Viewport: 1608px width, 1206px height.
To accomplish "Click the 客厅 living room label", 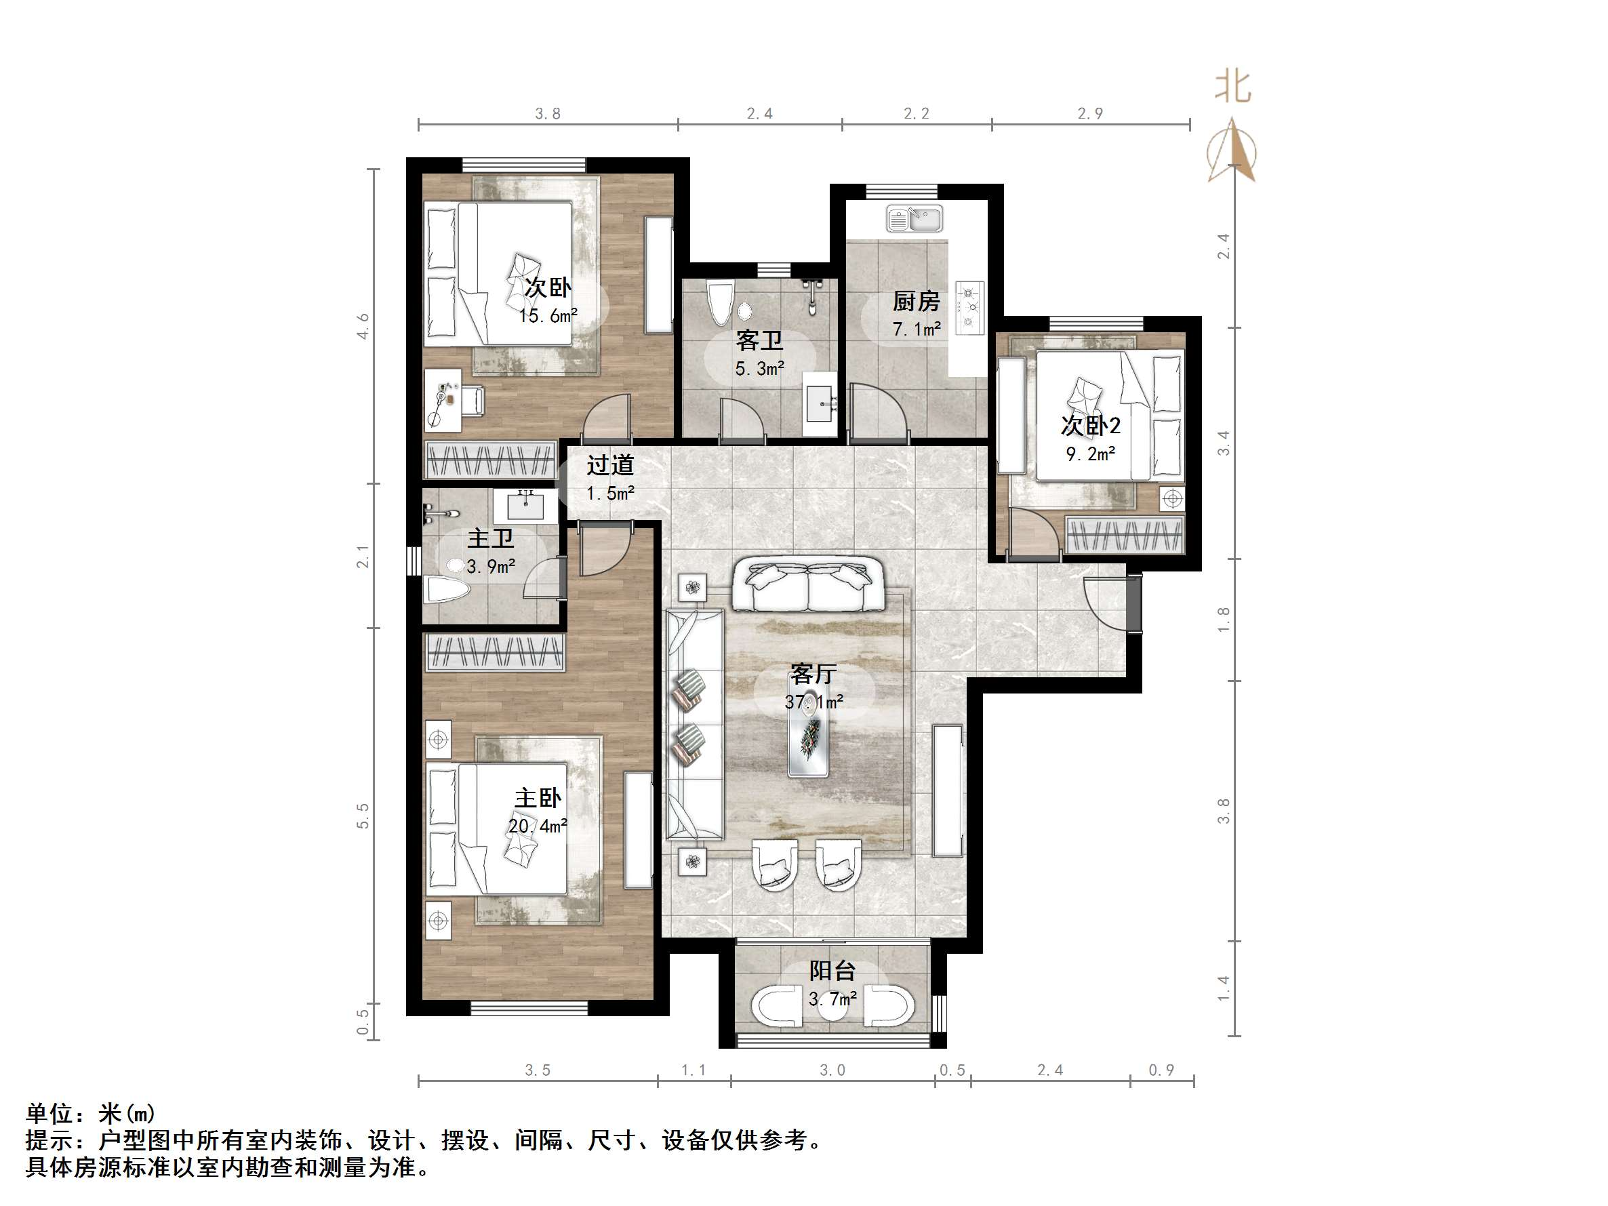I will [813, 674].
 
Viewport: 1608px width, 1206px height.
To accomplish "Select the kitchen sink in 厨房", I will [914, 218].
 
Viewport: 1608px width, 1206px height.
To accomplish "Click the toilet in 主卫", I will [445, 589].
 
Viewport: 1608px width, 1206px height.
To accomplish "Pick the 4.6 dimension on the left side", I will [363, 325].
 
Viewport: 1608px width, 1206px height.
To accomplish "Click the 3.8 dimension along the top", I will [547, 113].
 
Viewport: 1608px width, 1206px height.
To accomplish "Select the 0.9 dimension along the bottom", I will [1161, 1070].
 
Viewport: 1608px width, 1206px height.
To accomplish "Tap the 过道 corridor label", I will [610, 464].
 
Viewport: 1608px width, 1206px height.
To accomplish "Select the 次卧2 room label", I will [1089, 425].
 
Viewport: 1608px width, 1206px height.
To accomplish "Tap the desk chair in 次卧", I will [473, 401].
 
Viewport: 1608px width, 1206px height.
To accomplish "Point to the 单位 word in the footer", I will [49, 1114].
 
